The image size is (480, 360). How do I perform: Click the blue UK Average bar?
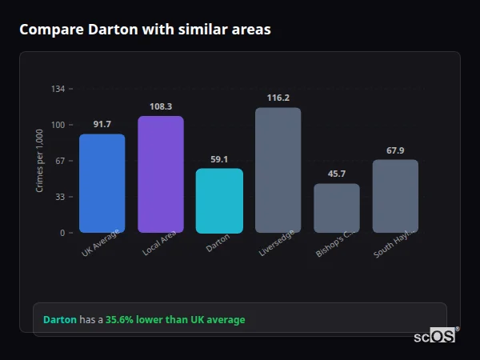coord(102,183)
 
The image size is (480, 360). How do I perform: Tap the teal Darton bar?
coord(219,201)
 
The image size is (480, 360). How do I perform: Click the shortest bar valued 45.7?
coord(336,208)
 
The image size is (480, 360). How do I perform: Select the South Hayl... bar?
coord(395,196)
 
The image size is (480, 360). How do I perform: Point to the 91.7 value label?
coord(102,124)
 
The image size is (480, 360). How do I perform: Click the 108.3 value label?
coord(161,106)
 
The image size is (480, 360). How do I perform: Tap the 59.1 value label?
coord(219,159)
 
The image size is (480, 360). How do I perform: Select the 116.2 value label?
coord(278,98)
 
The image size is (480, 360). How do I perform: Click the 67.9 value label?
coord(395,150)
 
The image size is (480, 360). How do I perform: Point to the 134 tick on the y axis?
coord(58,89)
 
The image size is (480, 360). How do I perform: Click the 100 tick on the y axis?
coord(58,125)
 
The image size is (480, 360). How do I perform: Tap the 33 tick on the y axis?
coord(59,197)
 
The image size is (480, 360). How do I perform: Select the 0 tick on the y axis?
coord(62,233)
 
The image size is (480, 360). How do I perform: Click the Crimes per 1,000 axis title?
coord(40,161)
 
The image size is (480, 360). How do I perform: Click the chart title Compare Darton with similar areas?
coord(145,30)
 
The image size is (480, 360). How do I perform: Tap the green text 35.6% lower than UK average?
coord(175,320)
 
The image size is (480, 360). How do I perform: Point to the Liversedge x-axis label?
coord(272,245)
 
